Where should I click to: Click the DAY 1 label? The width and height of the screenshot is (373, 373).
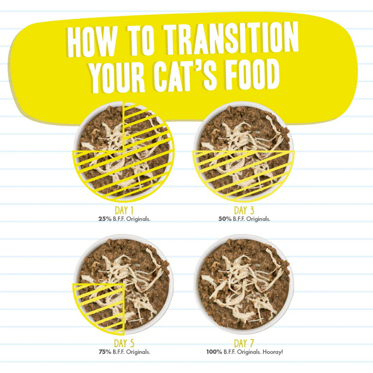pos(125,211)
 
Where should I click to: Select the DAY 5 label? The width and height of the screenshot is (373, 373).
pos(125,344)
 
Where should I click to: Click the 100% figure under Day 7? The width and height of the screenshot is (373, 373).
pos(214,352)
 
